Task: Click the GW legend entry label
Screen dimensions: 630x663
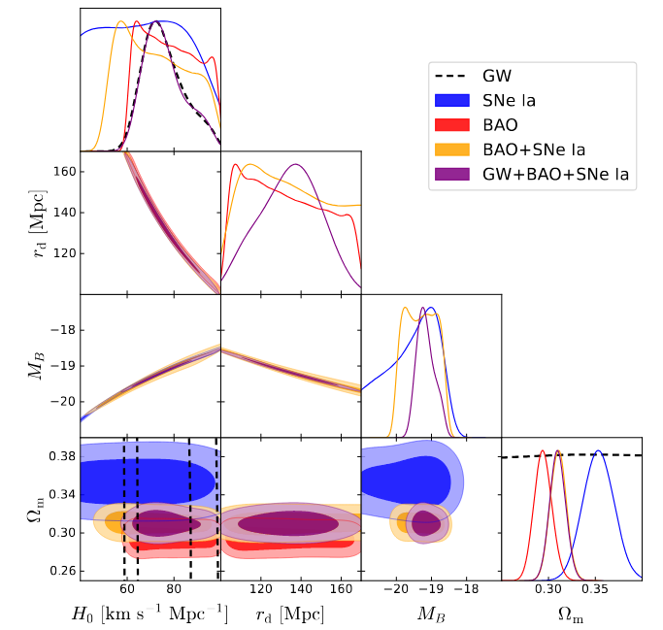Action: coord(497,76)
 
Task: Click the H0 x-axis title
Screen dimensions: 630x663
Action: coord(148,614)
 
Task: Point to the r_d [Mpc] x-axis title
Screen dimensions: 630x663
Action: coord(290,614)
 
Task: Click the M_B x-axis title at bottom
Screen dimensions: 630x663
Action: coord(430,614)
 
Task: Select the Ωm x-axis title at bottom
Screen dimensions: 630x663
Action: coord(571,614)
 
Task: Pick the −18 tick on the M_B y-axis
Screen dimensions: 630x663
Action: coord(62,330)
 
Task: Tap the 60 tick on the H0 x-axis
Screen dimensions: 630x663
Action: coord(127,590)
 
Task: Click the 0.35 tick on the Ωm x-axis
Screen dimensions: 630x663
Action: coord(595,590)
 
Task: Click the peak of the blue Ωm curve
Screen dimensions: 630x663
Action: coord(599,451)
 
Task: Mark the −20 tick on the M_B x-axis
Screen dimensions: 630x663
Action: coord(395,590)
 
